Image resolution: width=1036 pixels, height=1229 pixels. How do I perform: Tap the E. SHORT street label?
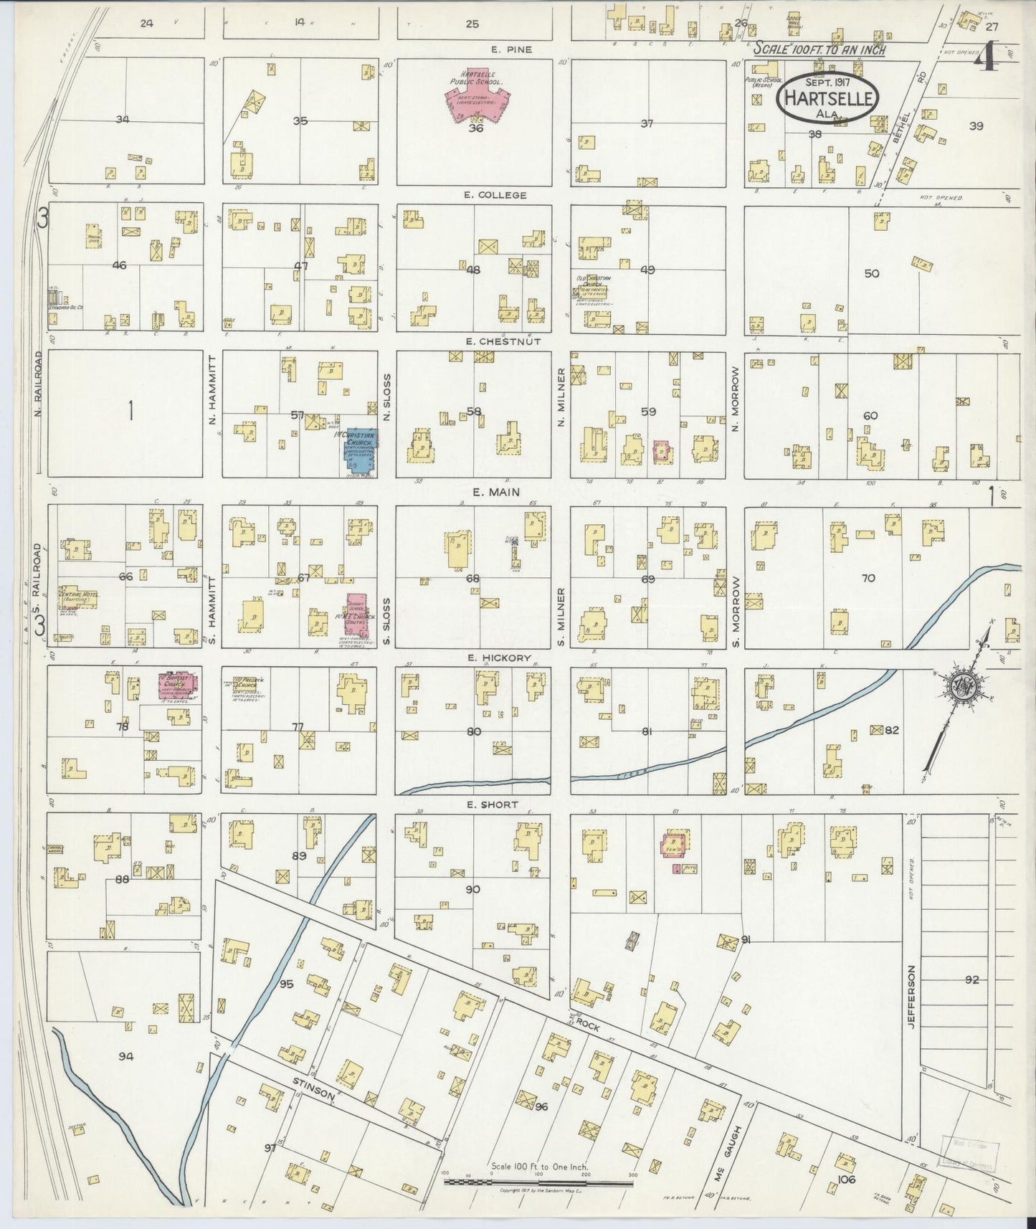point(491,805)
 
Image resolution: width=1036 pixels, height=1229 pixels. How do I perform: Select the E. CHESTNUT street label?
point(503,341)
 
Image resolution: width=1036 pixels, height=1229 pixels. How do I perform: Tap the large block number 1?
point(131,412)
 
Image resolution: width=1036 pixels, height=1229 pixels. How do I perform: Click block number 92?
point(971,979)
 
